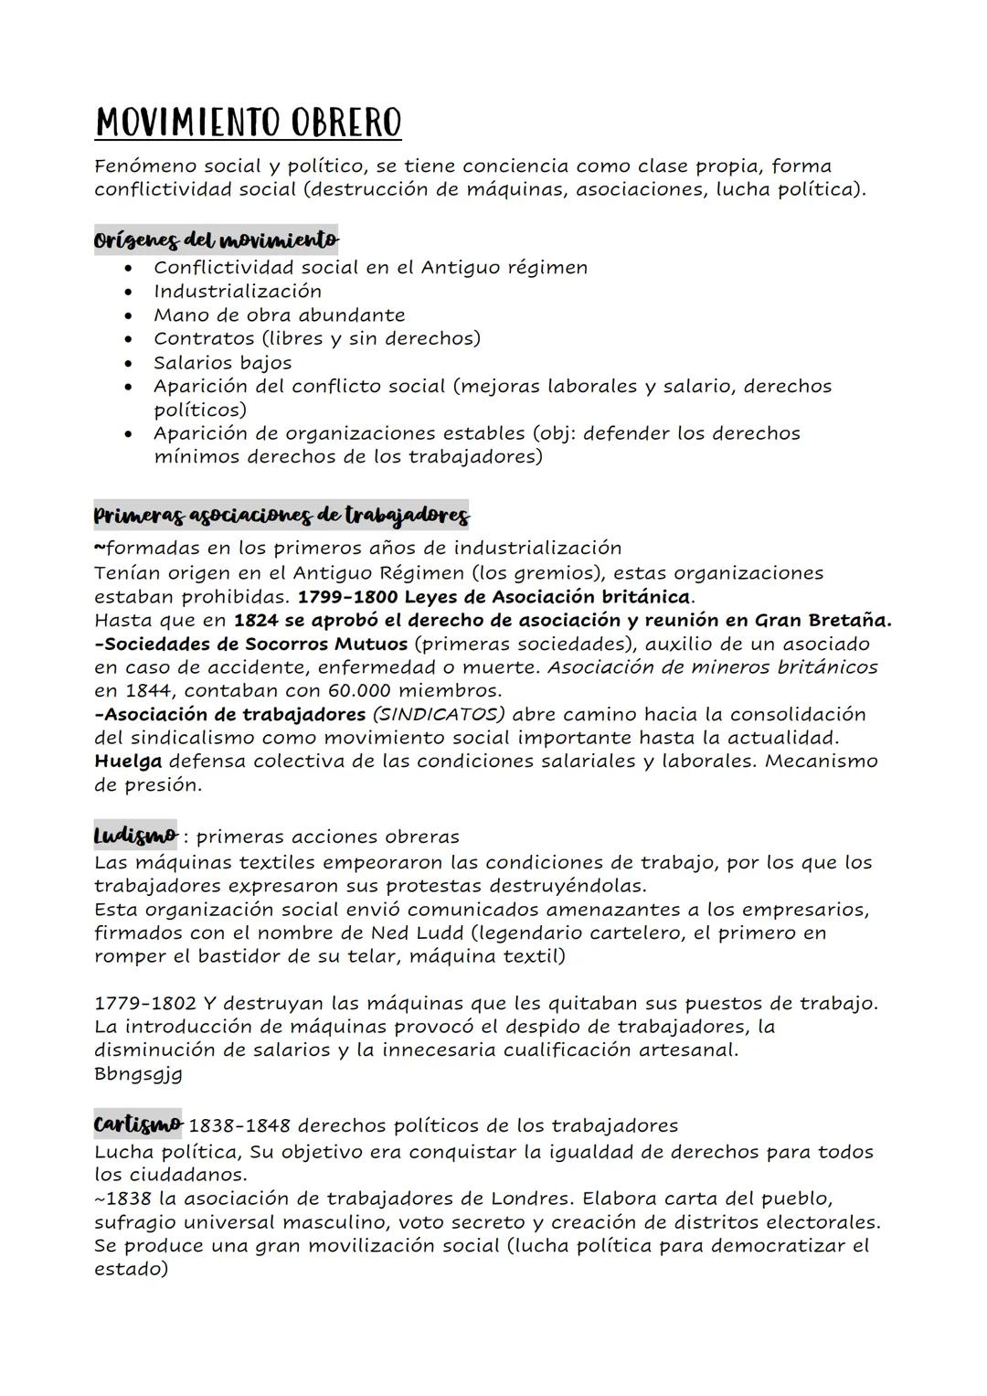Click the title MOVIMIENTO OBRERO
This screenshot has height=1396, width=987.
[248, 123]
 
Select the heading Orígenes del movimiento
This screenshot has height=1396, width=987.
[216, 240]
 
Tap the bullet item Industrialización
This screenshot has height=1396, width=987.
[238, 292]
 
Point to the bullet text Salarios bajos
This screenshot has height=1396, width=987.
[222, 363]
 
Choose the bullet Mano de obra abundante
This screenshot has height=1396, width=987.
[279, 315]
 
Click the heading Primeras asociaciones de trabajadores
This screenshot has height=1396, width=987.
[281, 517]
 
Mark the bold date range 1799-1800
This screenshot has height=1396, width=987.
[347, 597]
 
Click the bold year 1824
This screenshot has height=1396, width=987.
[257, 621]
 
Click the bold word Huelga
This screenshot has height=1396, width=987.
[128, 762]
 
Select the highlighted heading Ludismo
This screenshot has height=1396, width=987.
[135, 836]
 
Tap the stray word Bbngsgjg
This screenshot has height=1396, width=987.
[138, 1074]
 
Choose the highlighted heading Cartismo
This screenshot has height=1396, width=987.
[137, 1124]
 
